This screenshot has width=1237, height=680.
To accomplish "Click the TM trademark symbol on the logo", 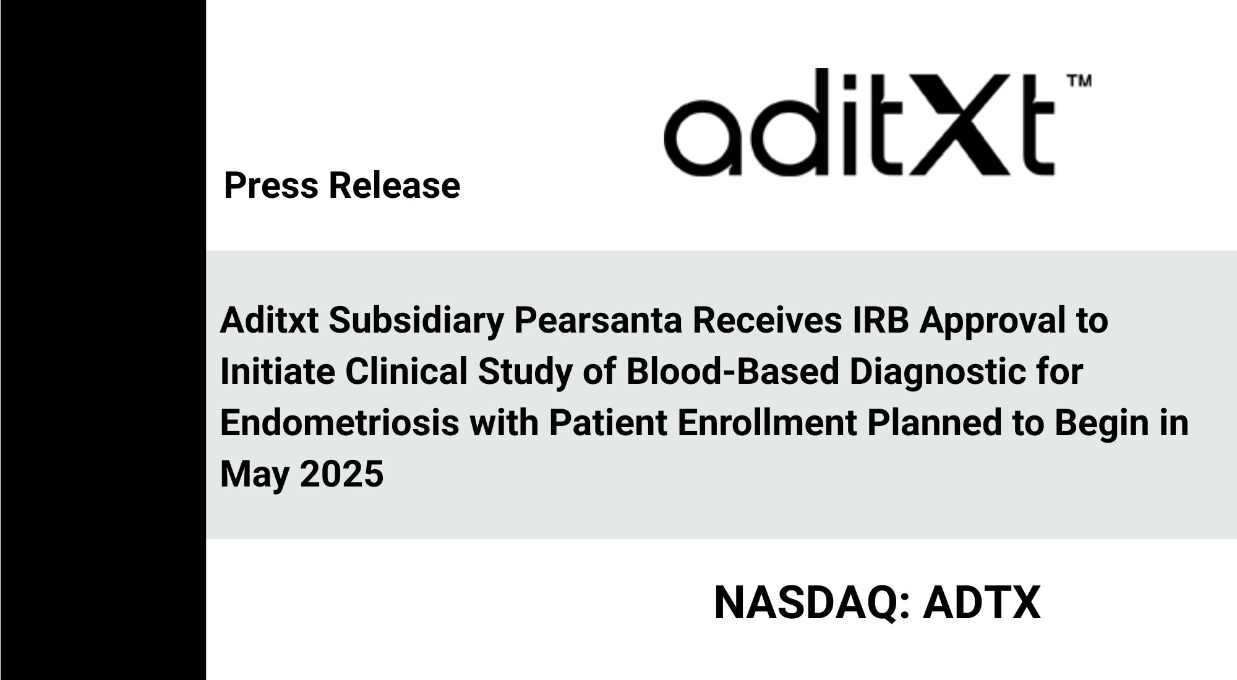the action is click(x=1079, y=81).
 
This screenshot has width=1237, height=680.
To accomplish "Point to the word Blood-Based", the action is click(x=733, y=372).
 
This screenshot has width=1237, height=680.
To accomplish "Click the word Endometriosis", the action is click(x=340, y=423).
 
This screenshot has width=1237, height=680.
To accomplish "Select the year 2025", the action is click(x=341, y=474).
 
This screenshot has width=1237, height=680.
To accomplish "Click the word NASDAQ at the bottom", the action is click(x=807, y=603).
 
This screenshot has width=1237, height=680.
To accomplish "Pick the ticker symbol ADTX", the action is click(x=982, y=603).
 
